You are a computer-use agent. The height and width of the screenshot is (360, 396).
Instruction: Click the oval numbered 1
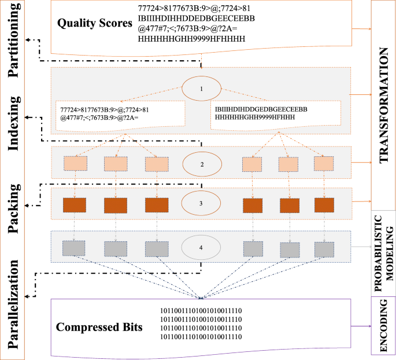point(201,90)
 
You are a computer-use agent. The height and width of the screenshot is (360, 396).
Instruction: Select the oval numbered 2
point(202,164)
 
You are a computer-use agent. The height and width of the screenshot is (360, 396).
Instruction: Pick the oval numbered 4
point(201,248)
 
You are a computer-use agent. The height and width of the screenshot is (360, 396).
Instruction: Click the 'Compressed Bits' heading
point(99,326)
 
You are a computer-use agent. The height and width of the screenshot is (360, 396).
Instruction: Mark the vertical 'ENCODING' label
point(383,326)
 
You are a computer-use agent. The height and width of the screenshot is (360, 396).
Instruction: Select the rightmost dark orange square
point(324,205)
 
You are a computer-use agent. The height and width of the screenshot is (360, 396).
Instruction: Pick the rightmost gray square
point(324,248)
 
